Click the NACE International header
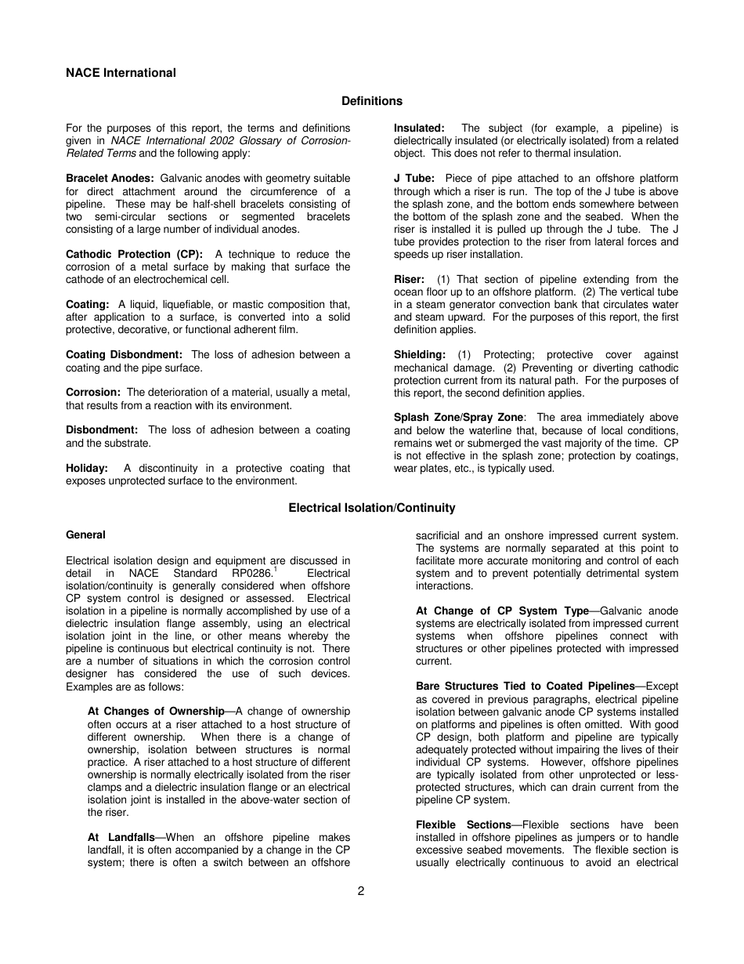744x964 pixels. [x=121, y=73]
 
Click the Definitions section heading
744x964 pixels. [x=372, y=101]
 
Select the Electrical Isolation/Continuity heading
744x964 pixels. [x=372, y=508]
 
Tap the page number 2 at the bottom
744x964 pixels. [x=361, y=890]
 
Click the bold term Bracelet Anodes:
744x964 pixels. [x=110, y=179]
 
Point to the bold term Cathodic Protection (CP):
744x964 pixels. [x=134, y=255]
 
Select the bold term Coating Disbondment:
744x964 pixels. [x=124, y=355]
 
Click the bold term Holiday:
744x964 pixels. [x=87, y=468]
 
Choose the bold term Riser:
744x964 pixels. [x=409, y=280]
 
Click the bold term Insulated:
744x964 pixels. [x=419, y=129]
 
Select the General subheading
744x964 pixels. [x=85, y=535]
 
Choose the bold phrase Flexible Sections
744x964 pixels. [x=464, y=824]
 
